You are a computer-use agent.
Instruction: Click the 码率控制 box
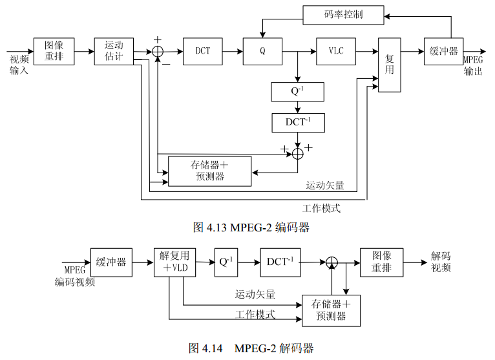[x=343, y=14]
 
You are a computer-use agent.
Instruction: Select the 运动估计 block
[x=113, y=51]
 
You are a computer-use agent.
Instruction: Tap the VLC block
[x=336, y=51]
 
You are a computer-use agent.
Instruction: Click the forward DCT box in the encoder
[x=203, y=51]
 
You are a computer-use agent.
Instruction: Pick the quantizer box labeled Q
[x=262, y=51]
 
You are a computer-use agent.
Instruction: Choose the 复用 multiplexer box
[x=390, y=64]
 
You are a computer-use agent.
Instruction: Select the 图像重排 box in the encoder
[x=54, y=51]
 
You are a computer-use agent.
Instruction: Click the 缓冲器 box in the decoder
[x=111, y=262]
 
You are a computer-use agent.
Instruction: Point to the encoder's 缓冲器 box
[x=444, y=51]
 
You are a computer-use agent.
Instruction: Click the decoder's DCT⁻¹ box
[x=280, y=262]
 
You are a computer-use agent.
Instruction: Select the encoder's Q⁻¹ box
[x=297, y=92]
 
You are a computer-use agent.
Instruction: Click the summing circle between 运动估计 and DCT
[x=158, y=51]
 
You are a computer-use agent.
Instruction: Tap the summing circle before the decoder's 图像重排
[x=332, y=262]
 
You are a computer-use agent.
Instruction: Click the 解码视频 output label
[x=441, y=262]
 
